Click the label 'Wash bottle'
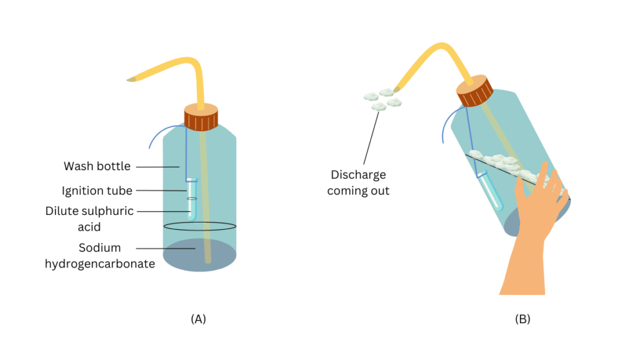(x=97, y=166)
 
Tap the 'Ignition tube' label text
(x=97, y=190)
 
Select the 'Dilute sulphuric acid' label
(x=89, y=218)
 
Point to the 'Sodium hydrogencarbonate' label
(x=100, y=256)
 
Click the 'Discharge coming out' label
(x=358, y=182)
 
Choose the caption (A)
(x=197, y=319)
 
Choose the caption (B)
(x=522, y=319)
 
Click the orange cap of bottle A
(x=201, y=117)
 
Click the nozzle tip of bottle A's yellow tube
(x=131, y=79)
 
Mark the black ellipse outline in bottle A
(x=200, y=226)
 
